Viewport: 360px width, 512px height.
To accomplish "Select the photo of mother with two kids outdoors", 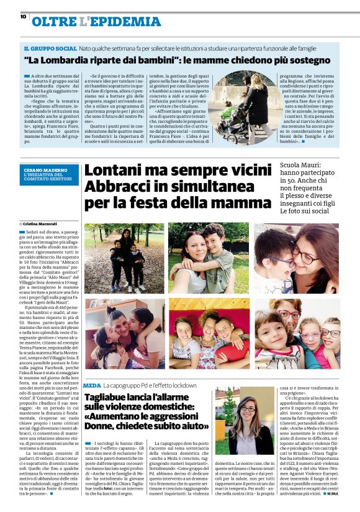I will coord(124,258).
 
